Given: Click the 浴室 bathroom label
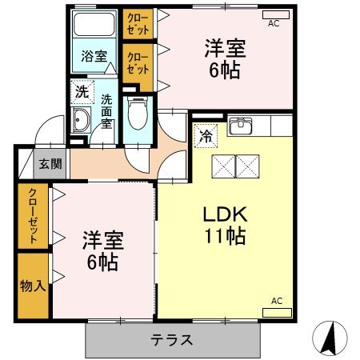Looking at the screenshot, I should [x=94, y=56].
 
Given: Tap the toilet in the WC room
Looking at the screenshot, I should [x=138, y=111].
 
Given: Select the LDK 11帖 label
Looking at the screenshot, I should [x=223, y=225].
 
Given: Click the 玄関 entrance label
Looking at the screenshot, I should [x=50, y=166].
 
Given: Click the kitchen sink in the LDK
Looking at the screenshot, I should [x=241, y=126].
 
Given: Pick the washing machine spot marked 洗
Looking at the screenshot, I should [x=82, y=92].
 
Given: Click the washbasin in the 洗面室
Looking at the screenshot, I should [x=82, y=122].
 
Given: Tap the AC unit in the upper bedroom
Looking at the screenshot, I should [x=273, y=15].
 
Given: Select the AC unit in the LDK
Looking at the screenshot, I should [x=277, y=309].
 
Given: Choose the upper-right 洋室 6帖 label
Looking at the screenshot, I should [x=220, y=57].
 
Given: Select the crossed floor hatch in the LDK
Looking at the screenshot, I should [x=237, y=166].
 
